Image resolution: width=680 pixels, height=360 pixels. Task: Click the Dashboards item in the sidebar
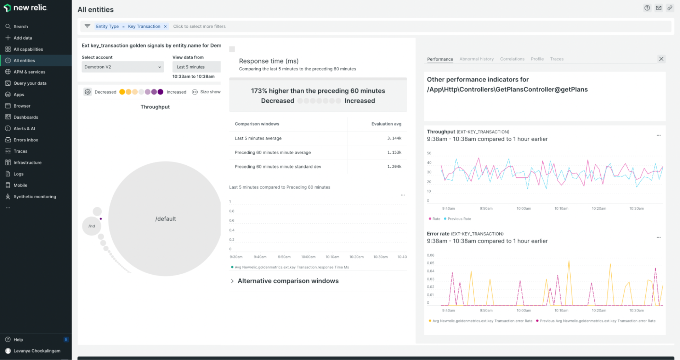[x=25, y=117]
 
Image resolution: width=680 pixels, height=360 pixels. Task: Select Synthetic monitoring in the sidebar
[x=34, y=196]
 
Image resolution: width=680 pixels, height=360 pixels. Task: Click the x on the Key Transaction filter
[x=165, y=27]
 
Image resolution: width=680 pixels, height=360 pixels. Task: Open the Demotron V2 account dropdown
[x=123, y=67]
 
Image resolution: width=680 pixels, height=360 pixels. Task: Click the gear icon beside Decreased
[x=87, y=92]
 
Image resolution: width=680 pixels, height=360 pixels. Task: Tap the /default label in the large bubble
[x=165, y=219]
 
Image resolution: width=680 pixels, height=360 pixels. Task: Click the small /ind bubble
[x=92, y=226]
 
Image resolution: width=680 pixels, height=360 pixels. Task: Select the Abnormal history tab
[x=476, y=59]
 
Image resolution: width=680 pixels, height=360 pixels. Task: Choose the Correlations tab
[x=512, y=59]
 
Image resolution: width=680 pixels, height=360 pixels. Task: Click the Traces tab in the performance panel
[x=556, y=59]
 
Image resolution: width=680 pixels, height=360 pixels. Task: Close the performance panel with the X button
[x=661, y=59]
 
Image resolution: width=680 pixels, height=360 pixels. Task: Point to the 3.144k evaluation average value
[x=394, y=138]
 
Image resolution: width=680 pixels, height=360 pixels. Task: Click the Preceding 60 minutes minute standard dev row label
[x=278, y=167]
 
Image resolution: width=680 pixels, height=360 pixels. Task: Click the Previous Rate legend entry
[x=459, y=219]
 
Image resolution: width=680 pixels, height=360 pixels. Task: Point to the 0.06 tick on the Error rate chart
[x=430, y=255]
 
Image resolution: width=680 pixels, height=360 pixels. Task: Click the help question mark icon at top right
[x=647, y=8]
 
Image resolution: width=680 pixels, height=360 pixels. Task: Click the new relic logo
[x=25, y=8]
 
